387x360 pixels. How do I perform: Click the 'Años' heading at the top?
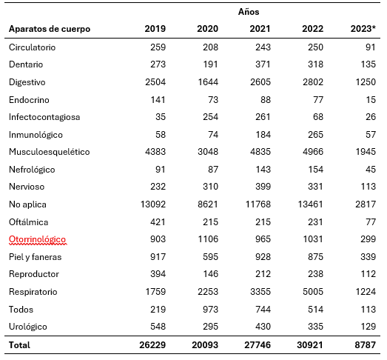click(x=249, y=12)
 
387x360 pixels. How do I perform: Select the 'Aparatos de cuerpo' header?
click(x=50, y=29)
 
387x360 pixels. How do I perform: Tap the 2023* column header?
click(x=363, y=29)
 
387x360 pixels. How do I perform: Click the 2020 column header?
click(x=208, y=29)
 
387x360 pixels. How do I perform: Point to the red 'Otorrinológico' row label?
click(x=37, y=239)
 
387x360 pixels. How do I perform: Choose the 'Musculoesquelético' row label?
click(x=50, y=152)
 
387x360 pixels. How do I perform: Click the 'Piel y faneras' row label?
click(x=35, y=257)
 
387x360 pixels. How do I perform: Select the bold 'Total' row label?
click(x=19, y=345)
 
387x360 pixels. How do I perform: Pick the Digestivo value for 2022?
click(x=313, y=82)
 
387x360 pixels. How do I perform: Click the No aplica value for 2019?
click(x=153, y=204)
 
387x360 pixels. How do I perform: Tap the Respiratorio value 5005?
click(x=313, y=292)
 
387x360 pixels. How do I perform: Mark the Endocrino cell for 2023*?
click(x=371, y=100)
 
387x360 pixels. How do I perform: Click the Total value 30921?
click(x=310, y=345)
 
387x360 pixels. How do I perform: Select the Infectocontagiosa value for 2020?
click(x=211, y=117)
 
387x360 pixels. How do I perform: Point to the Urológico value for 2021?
click(x=263, y=327)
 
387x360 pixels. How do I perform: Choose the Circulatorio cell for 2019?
click(x=158, y=47)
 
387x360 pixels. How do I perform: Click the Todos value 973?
click(x=211, y=310)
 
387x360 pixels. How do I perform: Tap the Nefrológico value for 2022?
click(x=316, y=169)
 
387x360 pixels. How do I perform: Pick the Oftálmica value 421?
click(x=158, y=222)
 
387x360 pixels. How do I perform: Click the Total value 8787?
click(x=366, y=345)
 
